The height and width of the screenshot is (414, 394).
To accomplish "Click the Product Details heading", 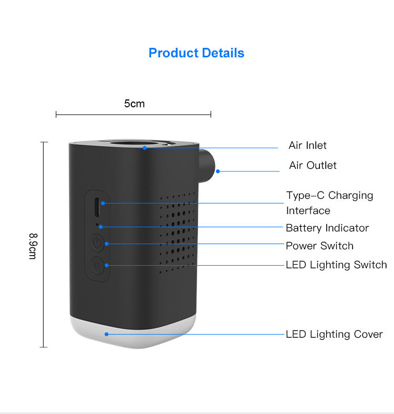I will [196, 53].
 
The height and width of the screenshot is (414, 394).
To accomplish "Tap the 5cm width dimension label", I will [134, 104].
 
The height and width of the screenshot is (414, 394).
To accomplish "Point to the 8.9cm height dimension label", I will [32, 246].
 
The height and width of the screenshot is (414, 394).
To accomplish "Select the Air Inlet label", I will [307, 146].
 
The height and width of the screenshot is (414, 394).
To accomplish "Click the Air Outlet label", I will [313, 166].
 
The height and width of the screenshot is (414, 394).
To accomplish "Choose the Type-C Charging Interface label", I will [329, 203].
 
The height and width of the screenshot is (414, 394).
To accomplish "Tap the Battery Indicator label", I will [327, 228].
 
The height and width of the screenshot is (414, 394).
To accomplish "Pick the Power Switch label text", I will [319, 246].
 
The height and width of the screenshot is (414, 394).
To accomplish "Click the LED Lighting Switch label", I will [336, 265].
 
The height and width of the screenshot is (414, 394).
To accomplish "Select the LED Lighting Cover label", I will [334, 334].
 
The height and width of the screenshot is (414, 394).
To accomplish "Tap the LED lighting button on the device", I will [97, 264].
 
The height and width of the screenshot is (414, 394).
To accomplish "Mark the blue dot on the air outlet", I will [218, 171].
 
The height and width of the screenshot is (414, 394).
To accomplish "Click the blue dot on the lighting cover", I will [106, 334].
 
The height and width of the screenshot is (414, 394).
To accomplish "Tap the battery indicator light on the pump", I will [98, 225].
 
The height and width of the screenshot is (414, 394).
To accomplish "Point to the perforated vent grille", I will [178, 231].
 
